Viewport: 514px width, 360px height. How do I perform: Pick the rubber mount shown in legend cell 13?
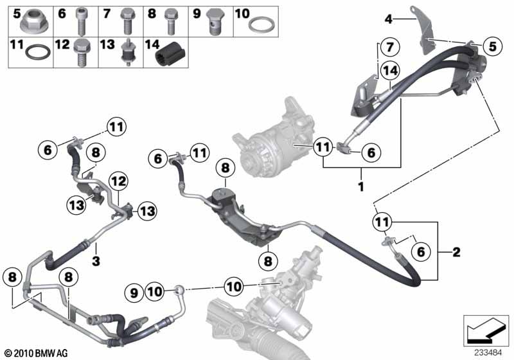pos(127,52)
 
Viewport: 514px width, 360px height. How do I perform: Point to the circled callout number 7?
pos(389,46)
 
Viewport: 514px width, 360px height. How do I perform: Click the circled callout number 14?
pos(391,71)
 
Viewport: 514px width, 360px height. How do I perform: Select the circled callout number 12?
pos(118,181)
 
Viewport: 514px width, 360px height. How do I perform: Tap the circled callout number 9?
pos(134,292)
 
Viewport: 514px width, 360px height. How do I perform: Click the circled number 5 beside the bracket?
pos(493,46)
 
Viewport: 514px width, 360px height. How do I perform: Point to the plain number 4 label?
pos(389,19)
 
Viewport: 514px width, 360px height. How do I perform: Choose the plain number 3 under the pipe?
pos(96,261)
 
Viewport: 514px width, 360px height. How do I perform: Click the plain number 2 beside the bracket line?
pos(457,252)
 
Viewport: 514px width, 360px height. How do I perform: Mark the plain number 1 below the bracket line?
pos(361,187)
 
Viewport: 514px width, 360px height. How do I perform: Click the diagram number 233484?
pos(488,353)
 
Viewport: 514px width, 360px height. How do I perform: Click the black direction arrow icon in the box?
pos(486,332)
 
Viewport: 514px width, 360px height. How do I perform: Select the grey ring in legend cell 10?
pos(261,25)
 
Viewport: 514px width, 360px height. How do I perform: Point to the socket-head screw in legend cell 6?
pos(81,22)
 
